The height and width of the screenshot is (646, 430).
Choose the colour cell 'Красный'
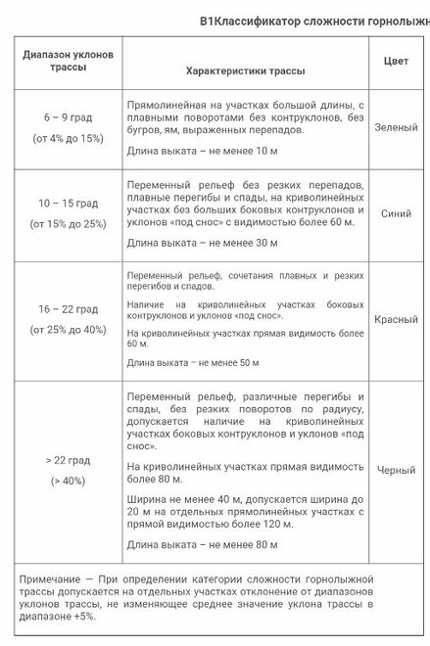pos(396,319)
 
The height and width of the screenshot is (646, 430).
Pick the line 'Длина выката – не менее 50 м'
pos(193,363)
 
